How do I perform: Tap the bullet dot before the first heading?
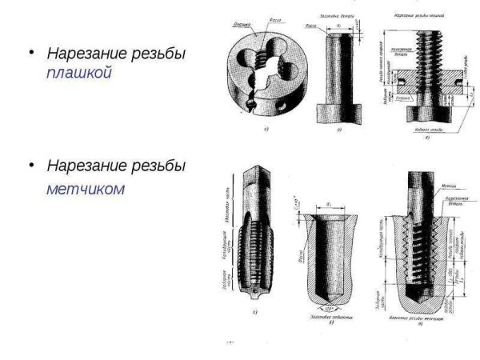[x=31, y=53]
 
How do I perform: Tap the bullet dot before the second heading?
[x=31, y=166]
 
